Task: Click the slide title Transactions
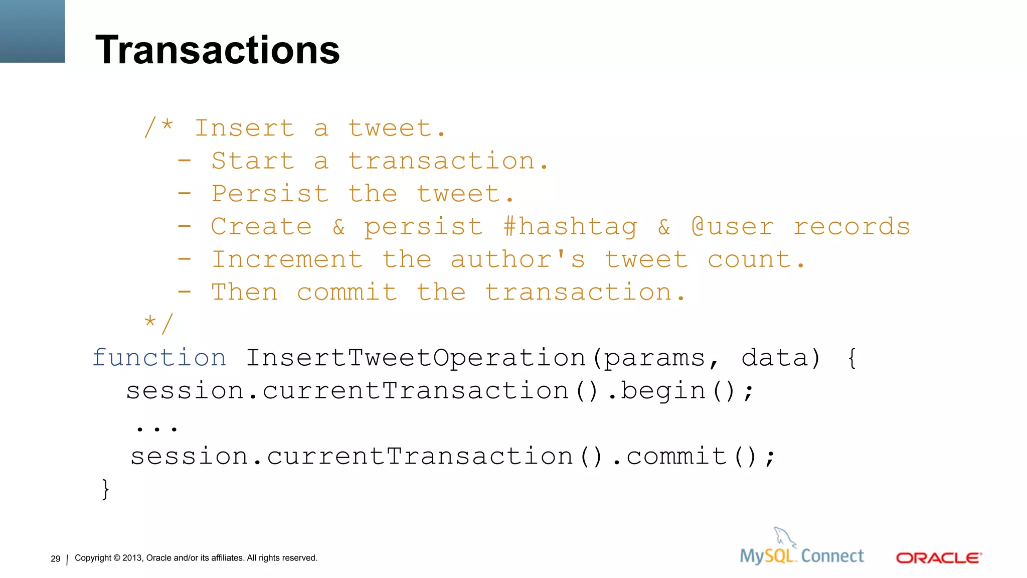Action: coord(217,50)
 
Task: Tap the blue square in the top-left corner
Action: coord(32,31)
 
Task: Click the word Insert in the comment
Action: coord(244,128)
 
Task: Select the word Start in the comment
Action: coord(252,161)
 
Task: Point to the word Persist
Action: coord(270,194)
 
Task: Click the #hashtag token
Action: coord(570,227)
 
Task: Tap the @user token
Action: coord(733,227)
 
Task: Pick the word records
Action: coord(851,227)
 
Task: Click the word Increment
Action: coord(287,260)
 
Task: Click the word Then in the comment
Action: coord(244,293)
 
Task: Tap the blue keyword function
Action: coord(159,358)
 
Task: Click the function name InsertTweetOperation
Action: coord(416,358)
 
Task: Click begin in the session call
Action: coord(663,391)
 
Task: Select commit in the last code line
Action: coord(676,457)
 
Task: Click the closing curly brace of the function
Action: coord(105,489)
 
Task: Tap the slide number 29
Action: coord(55,559)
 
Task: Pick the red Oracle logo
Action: coord(938,558)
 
